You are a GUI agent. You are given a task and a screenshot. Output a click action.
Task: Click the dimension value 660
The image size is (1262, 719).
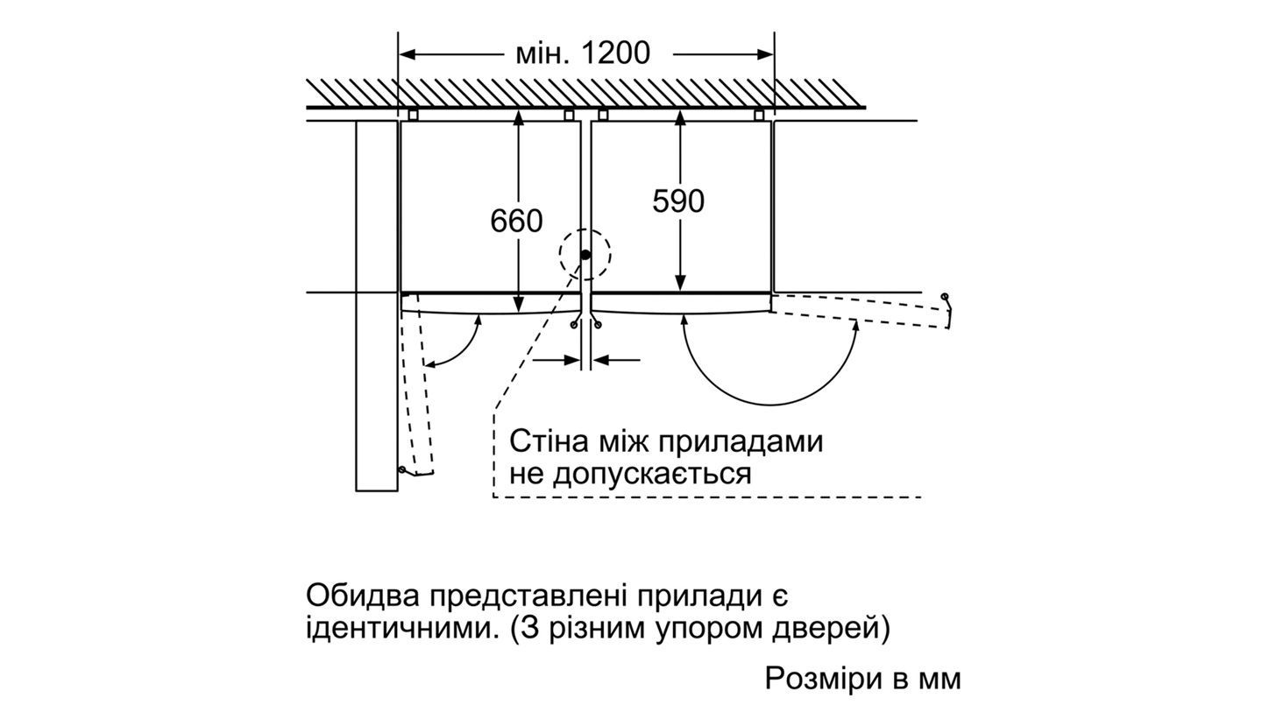coord(516,221)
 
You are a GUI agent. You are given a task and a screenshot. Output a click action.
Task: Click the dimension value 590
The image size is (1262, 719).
coord(678,201)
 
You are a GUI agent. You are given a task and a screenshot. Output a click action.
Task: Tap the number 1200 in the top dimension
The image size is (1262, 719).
coord(615,53)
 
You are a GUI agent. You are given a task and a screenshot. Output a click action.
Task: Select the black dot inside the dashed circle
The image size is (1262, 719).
coord(585,255)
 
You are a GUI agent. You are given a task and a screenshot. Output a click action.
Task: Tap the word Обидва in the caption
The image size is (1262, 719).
coord(361,596)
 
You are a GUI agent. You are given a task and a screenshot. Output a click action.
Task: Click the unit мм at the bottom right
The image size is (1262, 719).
coord(939,679)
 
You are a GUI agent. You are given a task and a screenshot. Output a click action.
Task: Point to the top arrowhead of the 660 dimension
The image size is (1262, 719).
coord(519,116)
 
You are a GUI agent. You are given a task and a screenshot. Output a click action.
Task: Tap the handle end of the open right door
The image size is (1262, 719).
coord(946,299)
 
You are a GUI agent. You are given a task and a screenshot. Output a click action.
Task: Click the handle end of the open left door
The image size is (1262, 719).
coord(403,470)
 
